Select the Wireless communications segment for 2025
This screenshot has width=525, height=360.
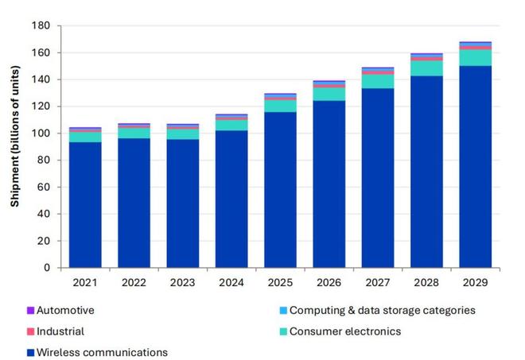pyautogui.click(x=280, y=190)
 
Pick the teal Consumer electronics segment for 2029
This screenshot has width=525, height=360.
pyautogui.click(x=475, y=58)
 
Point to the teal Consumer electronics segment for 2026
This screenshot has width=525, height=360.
pyautogui.click(x=329, y=94)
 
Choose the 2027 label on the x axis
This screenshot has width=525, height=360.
pyautogui.click(x=377, y=281)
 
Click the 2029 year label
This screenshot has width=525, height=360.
pyautogui.click(x=475, y=281)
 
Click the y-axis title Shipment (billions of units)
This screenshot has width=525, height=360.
pyautogui.click(x=15, y=147)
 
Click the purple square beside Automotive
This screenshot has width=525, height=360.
pyautogui.click(x=30, y=311)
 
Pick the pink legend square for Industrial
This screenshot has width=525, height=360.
pyautogui.click(x=30, y=331)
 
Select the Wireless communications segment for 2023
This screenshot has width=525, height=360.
pyautogui.click(x=182, y=203)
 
